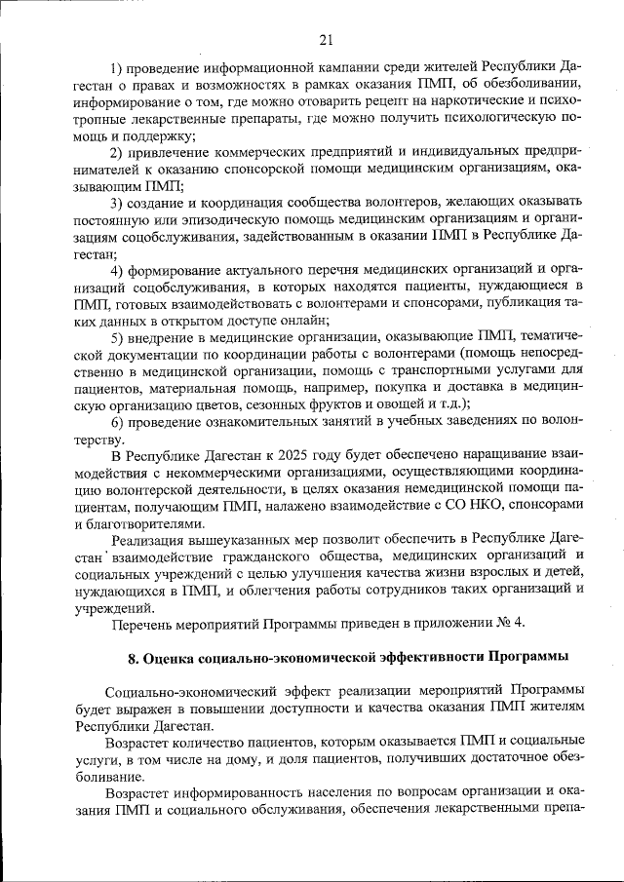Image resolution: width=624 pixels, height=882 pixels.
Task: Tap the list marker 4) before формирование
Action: [117, 269]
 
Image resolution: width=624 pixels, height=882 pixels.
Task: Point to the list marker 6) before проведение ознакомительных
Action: [117, 421]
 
